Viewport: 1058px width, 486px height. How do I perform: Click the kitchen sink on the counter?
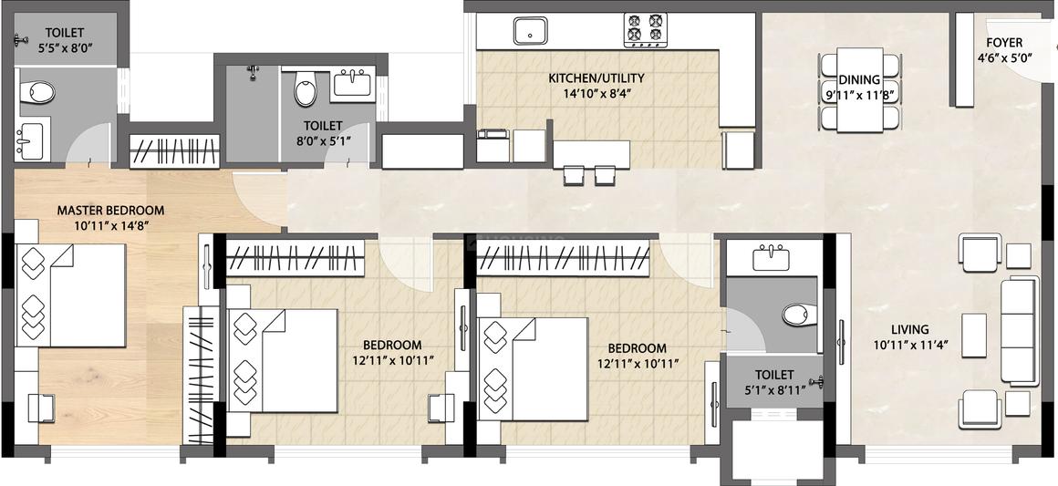click(530, 31)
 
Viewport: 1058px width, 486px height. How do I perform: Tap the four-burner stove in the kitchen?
click(645, 30)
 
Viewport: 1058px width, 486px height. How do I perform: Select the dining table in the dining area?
click(859, 89)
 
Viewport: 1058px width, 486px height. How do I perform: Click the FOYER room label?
click(1004, 43)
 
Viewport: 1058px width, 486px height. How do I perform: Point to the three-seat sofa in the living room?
click(1019, 331)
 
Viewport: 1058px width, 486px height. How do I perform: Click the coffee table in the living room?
click(974, 335)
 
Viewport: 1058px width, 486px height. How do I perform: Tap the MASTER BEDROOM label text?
click(110, 211)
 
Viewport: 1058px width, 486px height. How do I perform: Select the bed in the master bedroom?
click(70, 295)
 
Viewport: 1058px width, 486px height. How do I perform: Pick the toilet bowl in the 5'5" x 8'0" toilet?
click(37, 92)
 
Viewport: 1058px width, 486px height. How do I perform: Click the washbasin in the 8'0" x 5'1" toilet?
click(351, 85)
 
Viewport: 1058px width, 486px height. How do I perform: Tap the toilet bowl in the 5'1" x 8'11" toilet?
click(800, 314)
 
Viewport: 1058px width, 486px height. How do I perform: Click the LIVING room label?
click(910, 330)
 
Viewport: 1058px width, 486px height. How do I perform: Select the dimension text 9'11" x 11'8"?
click(859, 95)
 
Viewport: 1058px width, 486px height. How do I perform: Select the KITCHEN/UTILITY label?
click(596, 78)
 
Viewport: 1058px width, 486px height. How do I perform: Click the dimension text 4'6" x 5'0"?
click(1004, 57)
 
